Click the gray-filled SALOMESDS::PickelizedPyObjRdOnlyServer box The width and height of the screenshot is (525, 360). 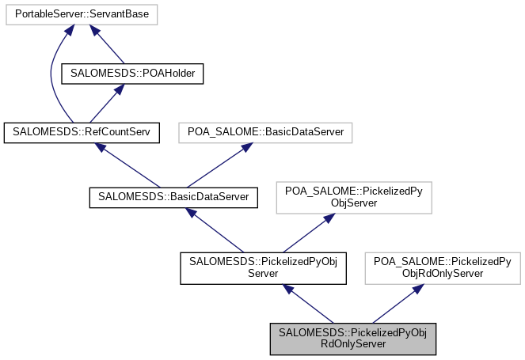click(x=353, y=339)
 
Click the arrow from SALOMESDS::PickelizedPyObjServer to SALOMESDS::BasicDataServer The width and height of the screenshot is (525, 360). click(x=216, y=230)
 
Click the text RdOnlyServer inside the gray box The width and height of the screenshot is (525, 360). click(x=353, y=344)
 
